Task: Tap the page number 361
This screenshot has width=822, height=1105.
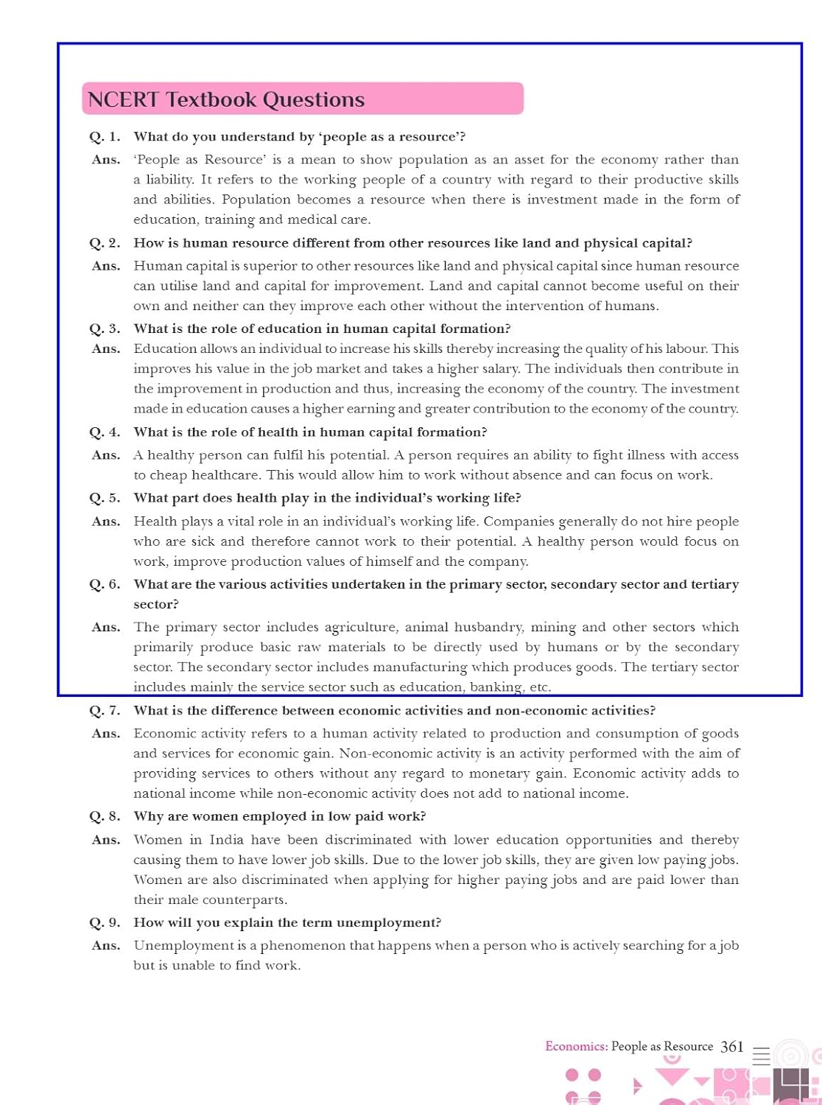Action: [x=732, y=1046]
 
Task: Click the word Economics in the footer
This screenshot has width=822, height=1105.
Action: [x=576, y=1046]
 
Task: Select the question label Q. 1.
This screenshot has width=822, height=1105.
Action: [x=105, y=137]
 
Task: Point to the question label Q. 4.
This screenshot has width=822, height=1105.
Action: [x=105, y=432]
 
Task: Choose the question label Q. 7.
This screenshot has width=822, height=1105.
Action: [x=105, y=711]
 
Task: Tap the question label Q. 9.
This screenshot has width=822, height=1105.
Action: [x=105, y=923]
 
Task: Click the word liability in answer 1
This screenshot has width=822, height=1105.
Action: [x=169, y=180]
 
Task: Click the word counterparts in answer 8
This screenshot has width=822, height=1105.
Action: [x=245, y=900]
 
